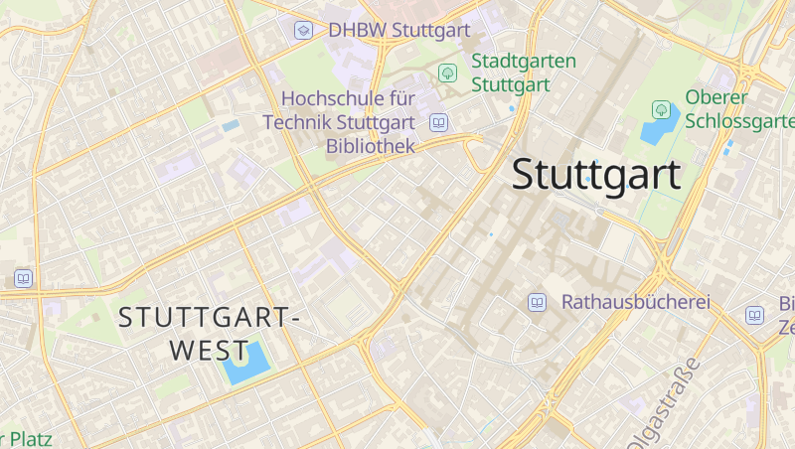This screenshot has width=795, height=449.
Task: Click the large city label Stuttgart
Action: (x=595, y=175)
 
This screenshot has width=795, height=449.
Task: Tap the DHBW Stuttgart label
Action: (x=398, y=31)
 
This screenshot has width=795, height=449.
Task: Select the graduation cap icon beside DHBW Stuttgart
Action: (x=304, y=31)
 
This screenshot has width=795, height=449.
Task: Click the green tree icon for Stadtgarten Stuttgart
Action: (x=447, y=73)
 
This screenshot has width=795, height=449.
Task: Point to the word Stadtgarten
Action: (x=524, y=62)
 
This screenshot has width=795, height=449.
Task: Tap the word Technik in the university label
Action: (x=297, y=123)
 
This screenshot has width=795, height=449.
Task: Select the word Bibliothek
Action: (x=370, y=147)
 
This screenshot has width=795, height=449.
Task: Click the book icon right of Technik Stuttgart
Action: (x=438, y=123)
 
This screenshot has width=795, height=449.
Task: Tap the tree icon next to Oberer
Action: (x=661, y=108)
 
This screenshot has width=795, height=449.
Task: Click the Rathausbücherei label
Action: (x=636, y=302)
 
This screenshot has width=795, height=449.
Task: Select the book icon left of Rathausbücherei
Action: (x=537, y=302)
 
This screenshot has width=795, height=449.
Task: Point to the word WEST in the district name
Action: (x=209, y=351)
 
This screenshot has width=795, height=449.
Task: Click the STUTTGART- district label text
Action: (x=210, y=319)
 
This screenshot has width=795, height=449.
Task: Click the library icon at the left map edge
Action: (x=23, y=278)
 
